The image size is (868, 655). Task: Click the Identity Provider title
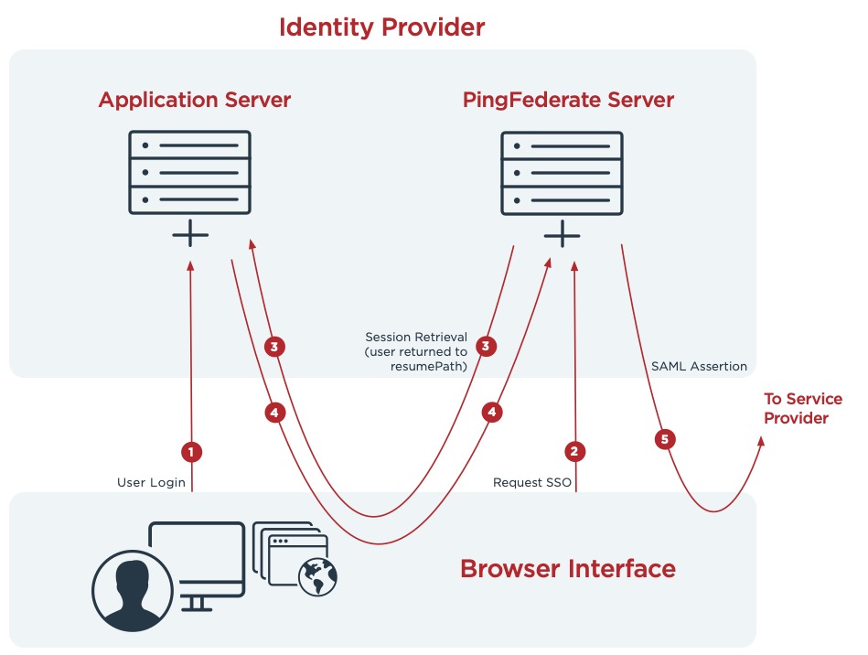click(381, 27)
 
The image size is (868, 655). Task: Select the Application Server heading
click(194, 100)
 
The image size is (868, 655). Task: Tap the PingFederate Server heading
click(568, 100)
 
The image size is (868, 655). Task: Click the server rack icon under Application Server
click(190, 172)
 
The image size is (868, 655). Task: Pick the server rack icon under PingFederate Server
click(562, 172)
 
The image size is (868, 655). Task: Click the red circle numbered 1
click(191, 451)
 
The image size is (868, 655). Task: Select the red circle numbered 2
click(575, 451)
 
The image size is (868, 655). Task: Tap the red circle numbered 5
click(665, 439)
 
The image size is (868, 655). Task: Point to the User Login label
click(151, 482)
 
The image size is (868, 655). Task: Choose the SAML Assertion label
click(699, 366)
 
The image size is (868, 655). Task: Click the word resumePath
click(429, 366)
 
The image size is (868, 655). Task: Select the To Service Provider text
click(803, 408)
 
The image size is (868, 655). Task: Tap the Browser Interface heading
click(567, 568)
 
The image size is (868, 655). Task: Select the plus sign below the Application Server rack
click(190, 236)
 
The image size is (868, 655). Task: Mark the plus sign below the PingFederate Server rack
click(562, 236)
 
